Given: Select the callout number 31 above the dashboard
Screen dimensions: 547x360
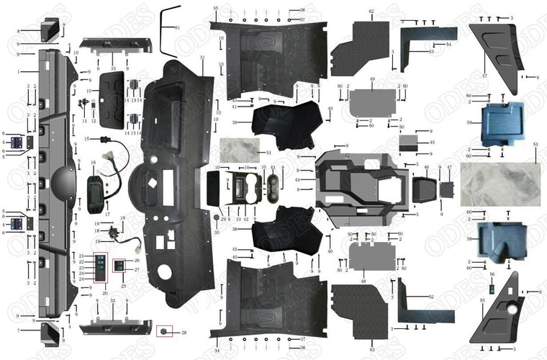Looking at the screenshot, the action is [202, 58].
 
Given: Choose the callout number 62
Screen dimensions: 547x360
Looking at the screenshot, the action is [371, 12].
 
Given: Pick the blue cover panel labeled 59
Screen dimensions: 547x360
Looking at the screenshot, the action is [501, 124].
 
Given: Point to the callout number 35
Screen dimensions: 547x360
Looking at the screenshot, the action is [215, 7].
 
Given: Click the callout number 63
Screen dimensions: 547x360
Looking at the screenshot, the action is [371, 349].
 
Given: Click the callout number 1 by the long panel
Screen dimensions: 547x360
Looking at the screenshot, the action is [20, 72].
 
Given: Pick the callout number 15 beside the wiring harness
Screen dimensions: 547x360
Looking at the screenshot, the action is [85, 138].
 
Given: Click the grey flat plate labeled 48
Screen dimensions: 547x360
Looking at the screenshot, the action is [371, 254].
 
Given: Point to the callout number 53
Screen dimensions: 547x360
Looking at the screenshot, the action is [431, 52].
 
